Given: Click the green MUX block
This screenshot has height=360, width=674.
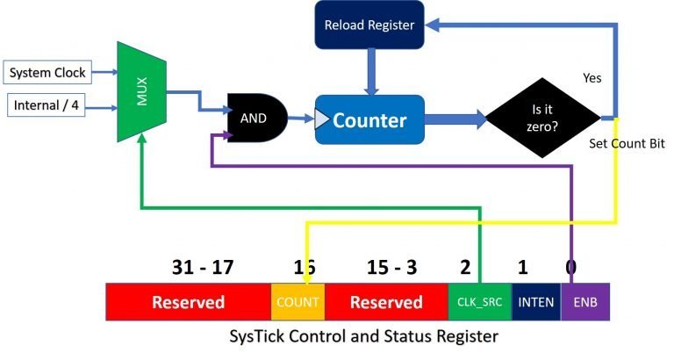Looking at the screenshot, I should pos(141,90).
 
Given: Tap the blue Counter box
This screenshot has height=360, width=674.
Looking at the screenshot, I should pos(369,119).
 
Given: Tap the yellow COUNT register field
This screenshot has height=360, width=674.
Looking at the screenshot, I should pos(298,302).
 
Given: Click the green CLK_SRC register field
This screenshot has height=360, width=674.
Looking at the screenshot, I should pos(479,302).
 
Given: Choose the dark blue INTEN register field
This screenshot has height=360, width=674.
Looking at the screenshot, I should pos(535,302).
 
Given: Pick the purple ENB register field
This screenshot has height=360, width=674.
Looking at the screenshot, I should pos(584,302).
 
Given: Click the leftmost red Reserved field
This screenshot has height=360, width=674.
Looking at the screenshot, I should pos(188,302).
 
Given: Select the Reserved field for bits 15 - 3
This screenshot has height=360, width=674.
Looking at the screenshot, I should pos(386,302).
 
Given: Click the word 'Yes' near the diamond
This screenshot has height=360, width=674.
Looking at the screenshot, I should pos(592,78).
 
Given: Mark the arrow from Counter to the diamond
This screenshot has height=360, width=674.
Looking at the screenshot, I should pos(456,119).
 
